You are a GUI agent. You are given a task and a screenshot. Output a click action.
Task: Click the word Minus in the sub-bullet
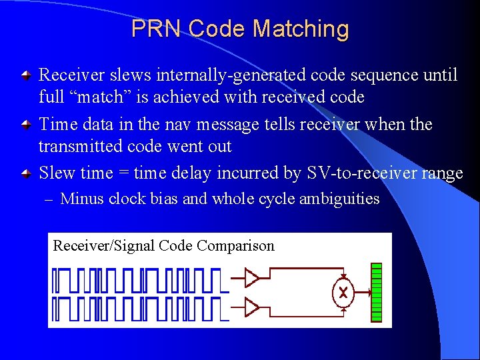tap(82, 199)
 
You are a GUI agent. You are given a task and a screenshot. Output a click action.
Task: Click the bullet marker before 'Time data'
tap(25, 125)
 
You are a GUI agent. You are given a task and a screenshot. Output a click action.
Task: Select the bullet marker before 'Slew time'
tap(25, 174)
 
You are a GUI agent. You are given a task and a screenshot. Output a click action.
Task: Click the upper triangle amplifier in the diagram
tap(251, 276)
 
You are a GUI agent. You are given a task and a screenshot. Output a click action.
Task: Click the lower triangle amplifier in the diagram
tap(251, 307)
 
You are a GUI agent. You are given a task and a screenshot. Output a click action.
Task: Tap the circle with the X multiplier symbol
tap(343, 292)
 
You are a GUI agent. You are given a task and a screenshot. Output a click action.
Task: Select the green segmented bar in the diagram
tap(377, 292)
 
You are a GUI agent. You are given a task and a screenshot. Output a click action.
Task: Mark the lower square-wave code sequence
tap(137, 308)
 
